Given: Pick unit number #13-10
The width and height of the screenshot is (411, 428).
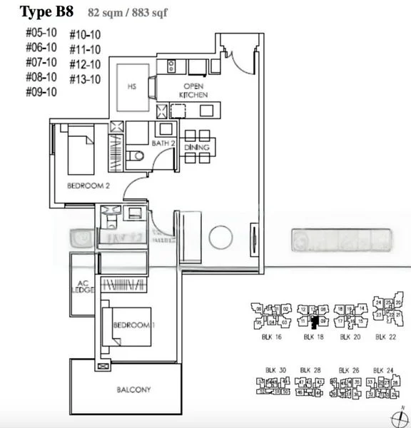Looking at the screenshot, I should click(85, 79).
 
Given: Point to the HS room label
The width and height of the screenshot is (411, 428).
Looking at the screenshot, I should click(131, 87).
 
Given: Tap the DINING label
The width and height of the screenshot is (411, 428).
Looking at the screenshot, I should click(196, 148).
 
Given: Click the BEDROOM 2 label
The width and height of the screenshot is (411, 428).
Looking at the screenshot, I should click(88, 185).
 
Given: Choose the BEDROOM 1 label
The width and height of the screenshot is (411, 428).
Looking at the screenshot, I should click(133, 325).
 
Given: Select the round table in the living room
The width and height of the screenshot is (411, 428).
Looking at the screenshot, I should click(220, 236).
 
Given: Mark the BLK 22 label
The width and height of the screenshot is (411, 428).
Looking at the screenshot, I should click(386, 336).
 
